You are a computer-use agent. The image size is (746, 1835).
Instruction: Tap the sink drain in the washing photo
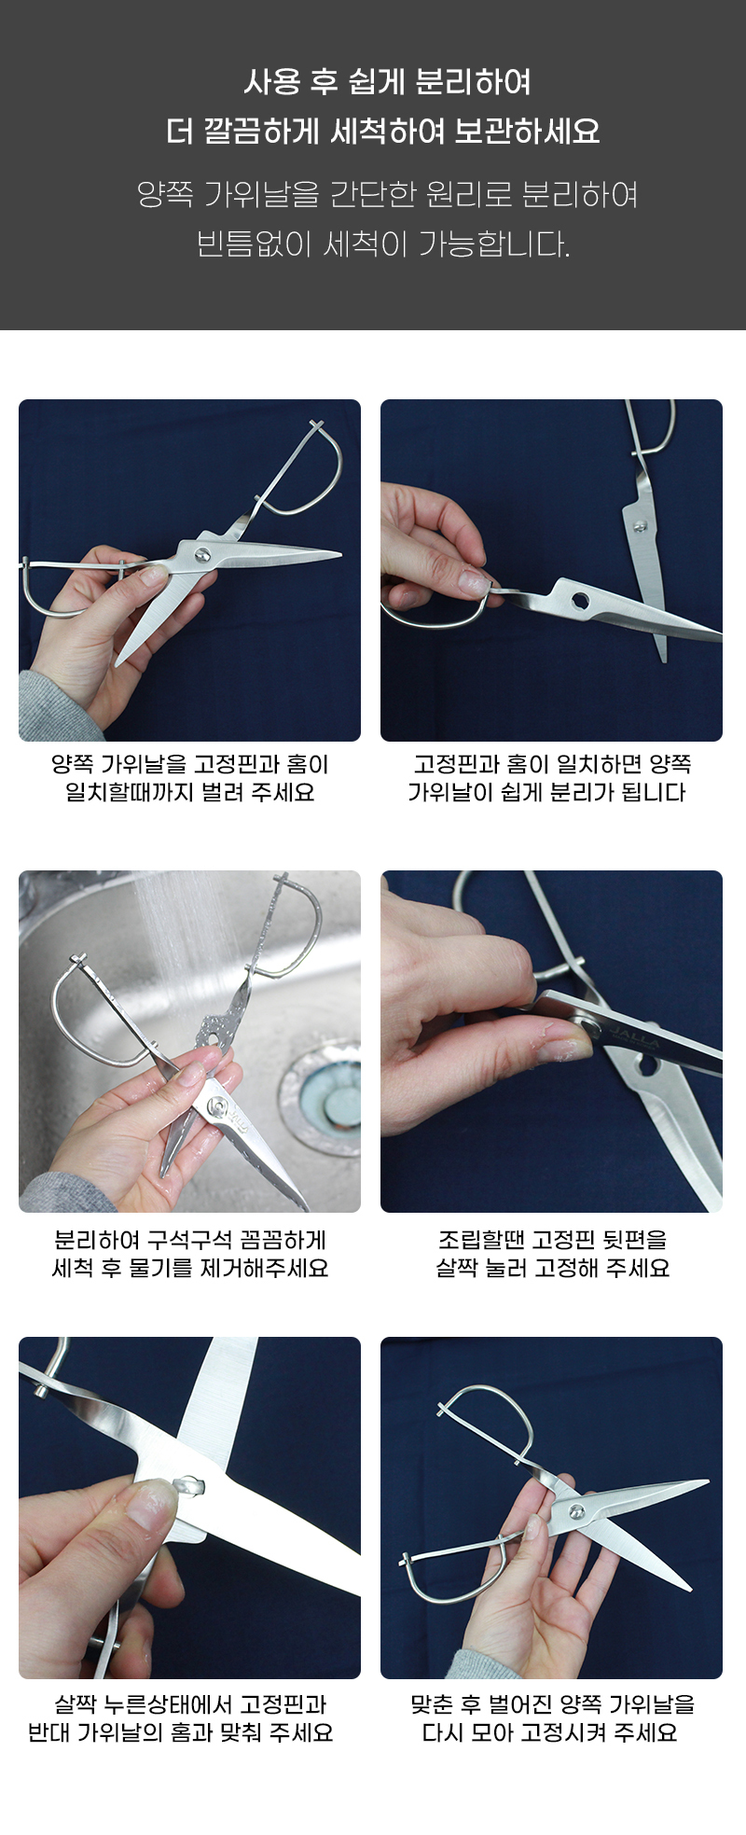(321, 1098)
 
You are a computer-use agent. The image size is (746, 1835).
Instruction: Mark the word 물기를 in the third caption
(159, 1268)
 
